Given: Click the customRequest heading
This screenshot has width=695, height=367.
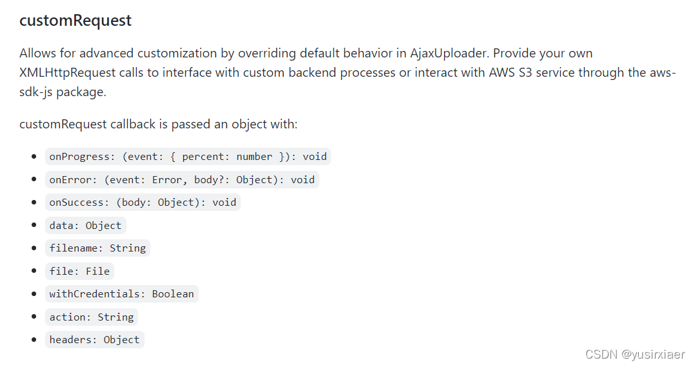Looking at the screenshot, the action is coord(76,21).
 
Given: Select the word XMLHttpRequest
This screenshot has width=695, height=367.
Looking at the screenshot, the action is coord(71,72).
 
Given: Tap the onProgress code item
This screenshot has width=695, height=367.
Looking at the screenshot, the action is coord(188,157).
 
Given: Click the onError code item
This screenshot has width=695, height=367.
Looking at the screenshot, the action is coord(181,180).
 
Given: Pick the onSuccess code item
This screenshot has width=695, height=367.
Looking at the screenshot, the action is coord(143,203).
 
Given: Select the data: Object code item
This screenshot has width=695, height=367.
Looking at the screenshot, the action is coord(85,226).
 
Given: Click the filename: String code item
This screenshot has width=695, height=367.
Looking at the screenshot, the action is coord(97,248).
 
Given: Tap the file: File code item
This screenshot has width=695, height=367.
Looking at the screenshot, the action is coord(79,272).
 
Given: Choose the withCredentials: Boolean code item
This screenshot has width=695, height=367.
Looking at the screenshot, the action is coord(121,294).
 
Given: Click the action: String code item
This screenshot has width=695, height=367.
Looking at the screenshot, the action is coord(91,317).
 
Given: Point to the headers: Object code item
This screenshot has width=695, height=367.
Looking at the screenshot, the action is coord(94,340).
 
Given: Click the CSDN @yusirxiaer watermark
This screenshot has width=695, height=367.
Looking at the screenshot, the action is coord(635,354).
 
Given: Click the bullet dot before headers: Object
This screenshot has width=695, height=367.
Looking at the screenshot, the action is coord(34,340).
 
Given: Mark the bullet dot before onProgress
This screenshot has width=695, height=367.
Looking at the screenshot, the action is coord(34,157).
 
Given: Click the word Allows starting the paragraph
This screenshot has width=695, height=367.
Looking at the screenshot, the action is coord(37,53).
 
